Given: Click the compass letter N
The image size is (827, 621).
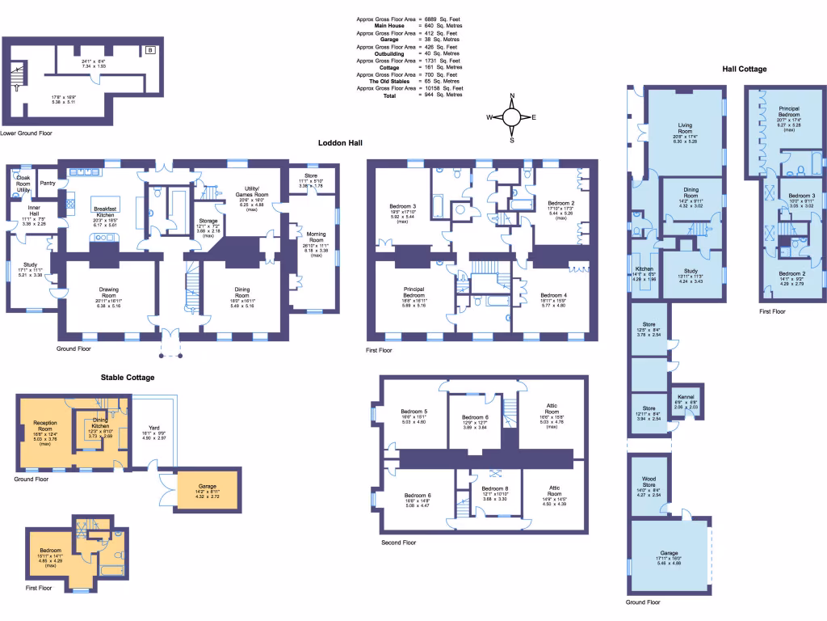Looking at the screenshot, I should pyautogui.click(x=511, y=96).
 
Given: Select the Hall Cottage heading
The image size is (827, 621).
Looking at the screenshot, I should pyautogui.click(x=744, y=70).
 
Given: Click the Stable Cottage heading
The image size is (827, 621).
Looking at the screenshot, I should pyautogui.click(x=128, y=377).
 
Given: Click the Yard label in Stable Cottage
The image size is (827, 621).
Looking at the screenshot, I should pyautogui.click(x=153, y=429).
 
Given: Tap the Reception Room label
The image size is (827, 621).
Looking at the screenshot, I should pyautogui.click(x=45, y=425).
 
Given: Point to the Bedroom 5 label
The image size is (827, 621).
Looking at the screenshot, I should pyautogui.click(x=414, y=412).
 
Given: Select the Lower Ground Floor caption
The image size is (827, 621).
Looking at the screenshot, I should pyautogui.click(x=27, y=133).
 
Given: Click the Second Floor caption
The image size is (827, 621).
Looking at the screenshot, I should pyautogui.click(x=398, y=543).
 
